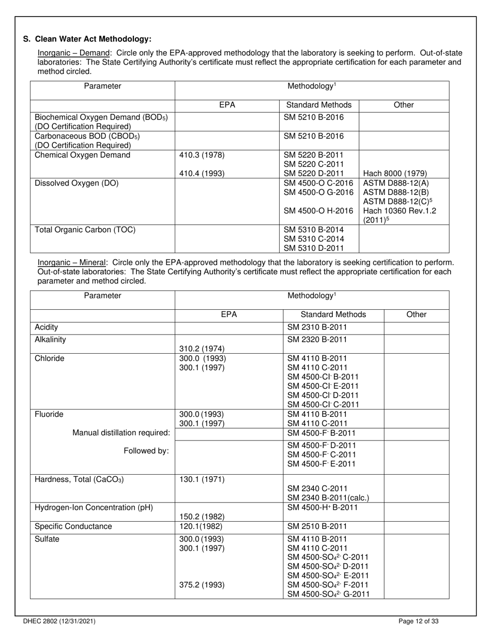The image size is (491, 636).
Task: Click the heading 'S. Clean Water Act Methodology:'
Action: [87, 39]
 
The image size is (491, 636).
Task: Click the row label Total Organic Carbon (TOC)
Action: [85, 230]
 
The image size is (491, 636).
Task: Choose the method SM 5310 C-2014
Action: [314, 239]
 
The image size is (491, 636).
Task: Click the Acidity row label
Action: [46, 327]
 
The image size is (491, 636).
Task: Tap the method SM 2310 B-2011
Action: [317, 327]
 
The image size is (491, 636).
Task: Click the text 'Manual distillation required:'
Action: [121, 433]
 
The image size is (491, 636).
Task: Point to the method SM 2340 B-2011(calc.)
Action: [328, 498]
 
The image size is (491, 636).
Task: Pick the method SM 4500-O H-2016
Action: [318, 211]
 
